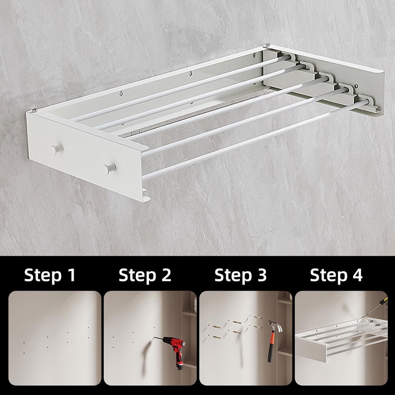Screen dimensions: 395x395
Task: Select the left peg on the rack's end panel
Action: pyautogui.click(x=56, y=149)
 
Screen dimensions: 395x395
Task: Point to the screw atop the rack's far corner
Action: pyautogui.click(x=268, y=44)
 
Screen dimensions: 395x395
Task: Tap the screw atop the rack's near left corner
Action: pyautogui.click(x=35, y=111)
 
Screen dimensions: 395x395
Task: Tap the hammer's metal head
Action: pyautogui.click(x=276, y=326)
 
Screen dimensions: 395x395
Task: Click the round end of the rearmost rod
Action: pyautogui.click(x=289, y=57)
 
